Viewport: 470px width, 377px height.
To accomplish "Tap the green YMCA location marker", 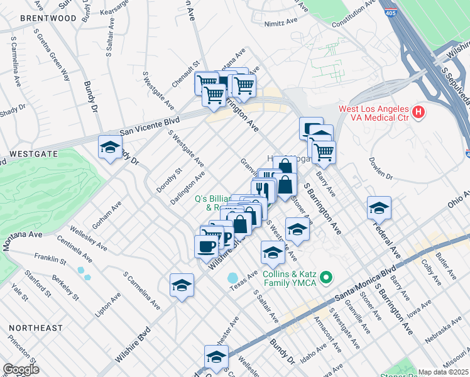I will tap(325, 277).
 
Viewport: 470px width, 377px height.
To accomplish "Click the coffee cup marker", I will tap(206, 246).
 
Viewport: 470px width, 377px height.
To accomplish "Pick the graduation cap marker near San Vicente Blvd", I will tap(110, 148).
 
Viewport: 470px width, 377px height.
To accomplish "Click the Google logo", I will tap(21, 369).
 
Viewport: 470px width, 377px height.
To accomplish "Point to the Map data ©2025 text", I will tap(444, 372).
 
